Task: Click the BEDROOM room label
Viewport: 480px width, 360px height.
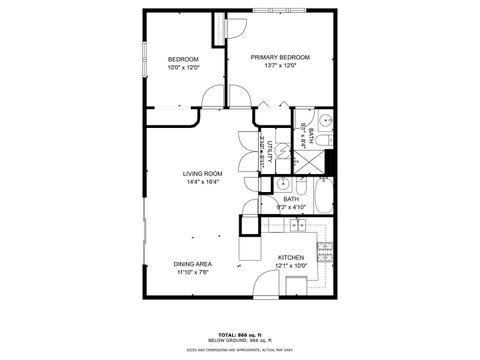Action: click(183, 60)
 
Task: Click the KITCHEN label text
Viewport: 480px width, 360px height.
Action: click(291, 257)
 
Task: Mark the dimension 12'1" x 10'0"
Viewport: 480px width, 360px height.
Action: click(291, 266)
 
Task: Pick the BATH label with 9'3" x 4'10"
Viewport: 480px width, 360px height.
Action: click(291, 203)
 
